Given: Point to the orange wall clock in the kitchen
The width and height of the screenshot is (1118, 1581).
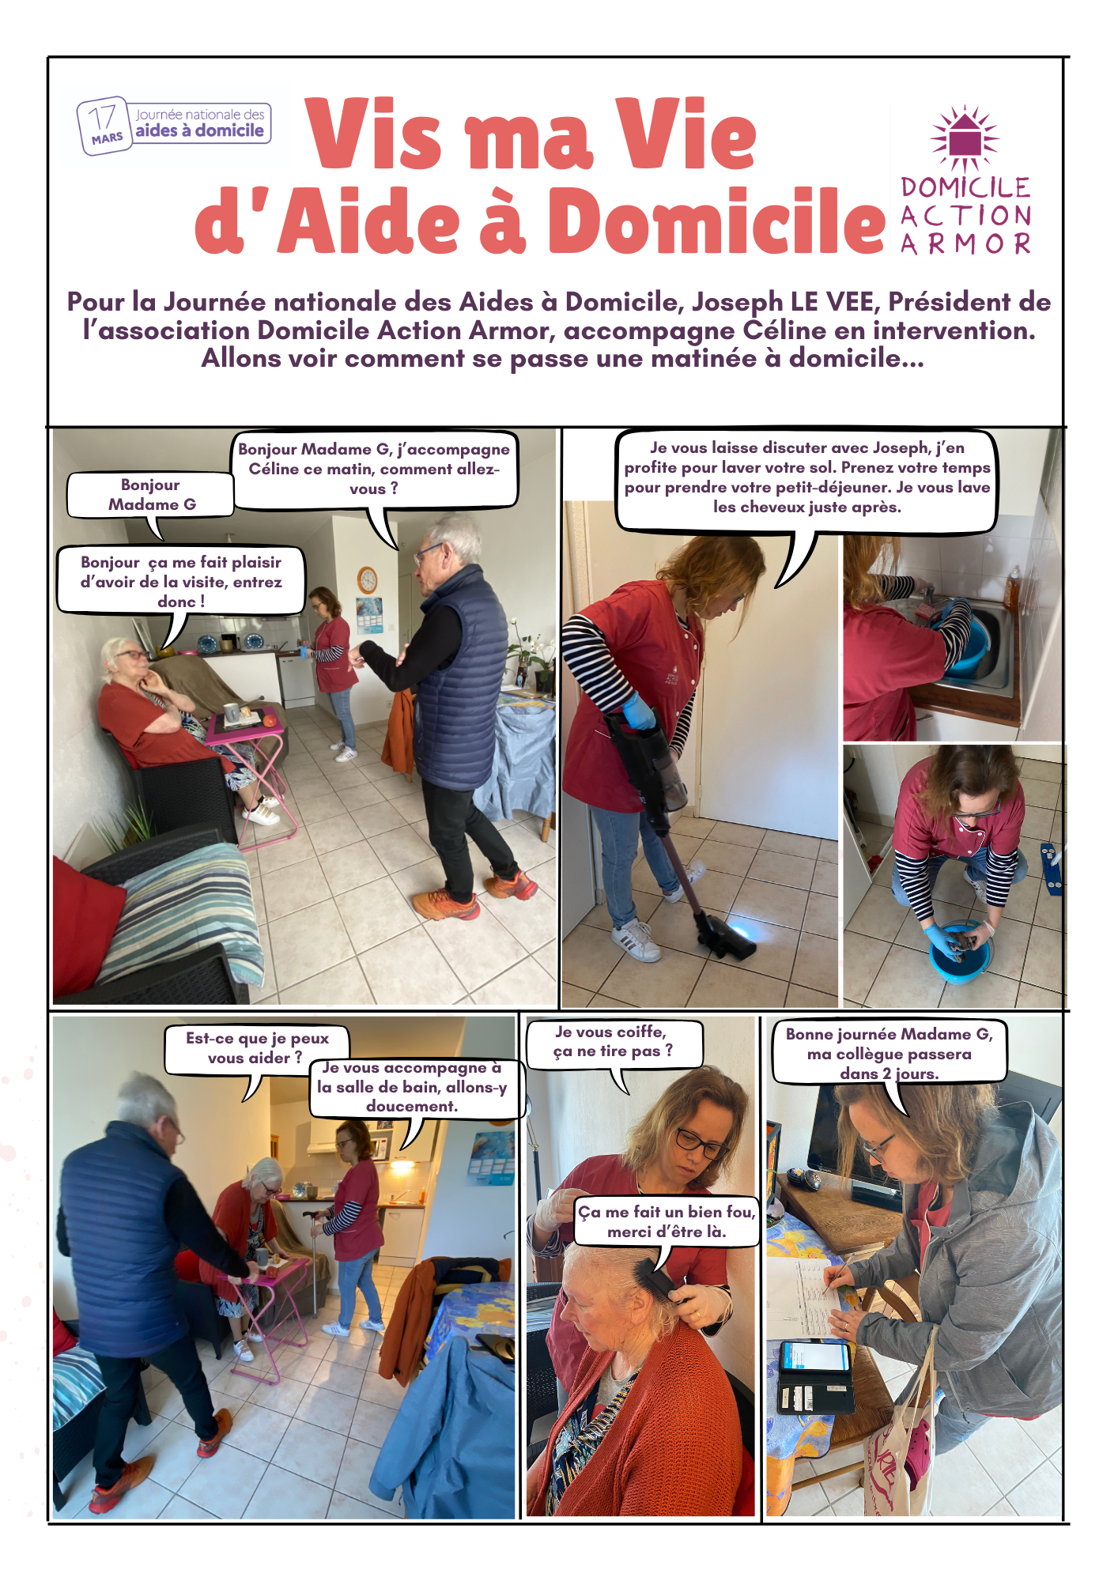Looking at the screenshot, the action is [x=367, y=579].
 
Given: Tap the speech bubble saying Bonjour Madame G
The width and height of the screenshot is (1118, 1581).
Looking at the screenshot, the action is [x=151, y=496].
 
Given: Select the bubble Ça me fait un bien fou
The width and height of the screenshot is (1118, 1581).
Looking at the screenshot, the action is [x=666, y=1222].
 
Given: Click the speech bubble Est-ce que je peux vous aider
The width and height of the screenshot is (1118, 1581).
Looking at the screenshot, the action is [x=256, y=1049].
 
